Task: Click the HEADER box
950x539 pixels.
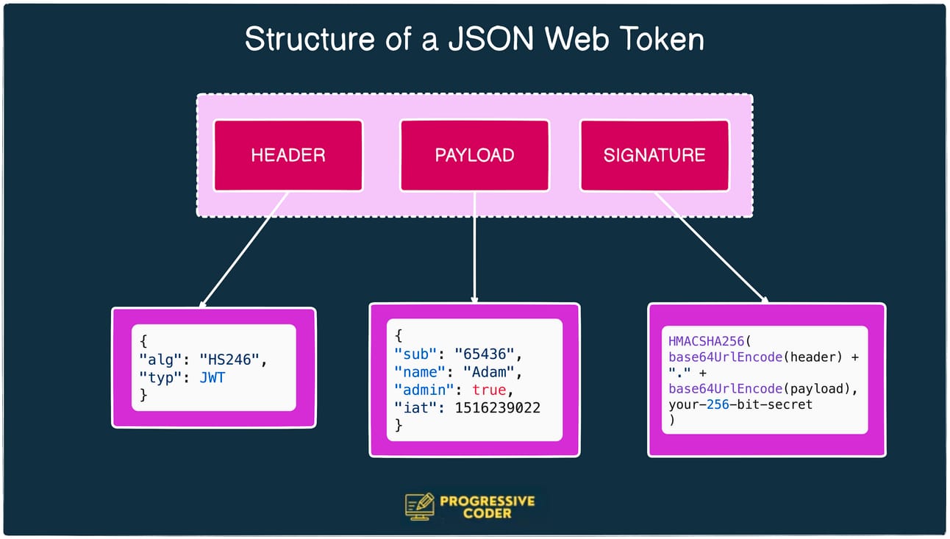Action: point(288,155)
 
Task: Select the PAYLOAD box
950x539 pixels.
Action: point(474,155)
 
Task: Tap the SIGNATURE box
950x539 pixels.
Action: point(654,155)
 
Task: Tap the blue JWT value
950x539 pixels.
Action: point(214,377)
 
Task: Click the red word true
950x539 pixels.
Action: point(489,389)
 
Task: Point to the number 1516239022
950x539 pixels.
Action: point(498,407)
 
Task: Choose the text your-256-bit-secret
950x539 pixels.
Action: point(741,404)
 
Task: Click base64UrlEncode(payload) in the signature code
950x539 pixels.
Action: point(762,389)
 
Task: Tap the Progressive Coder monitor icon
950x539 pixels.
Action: point(420,507)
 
